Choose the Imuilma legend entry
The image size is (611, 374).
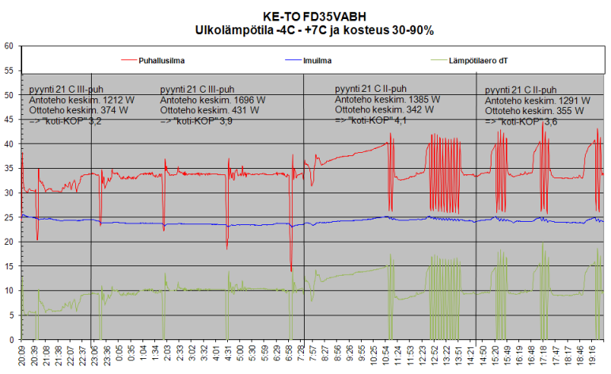316,59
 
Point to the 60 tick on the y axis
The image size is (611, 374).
9,46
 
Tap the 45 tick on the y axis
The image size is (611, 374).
9,119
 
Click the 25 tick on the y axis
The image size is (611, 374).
9,217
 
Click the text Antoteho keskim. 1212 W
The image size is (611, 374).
72,101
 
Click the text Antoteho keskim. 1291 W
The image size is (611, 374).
537,101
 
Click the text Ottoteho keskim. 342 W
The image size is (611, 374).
384,110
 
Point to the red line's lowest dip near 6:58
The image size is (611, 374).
291,271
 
